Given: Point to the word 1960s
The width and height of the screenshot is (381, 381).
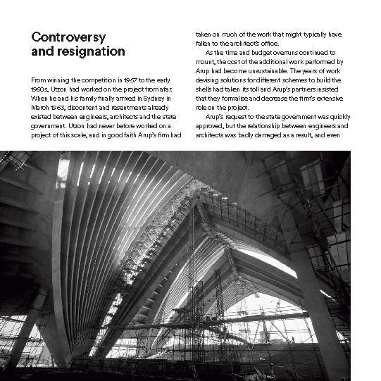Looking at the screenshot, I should [40, 91].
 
